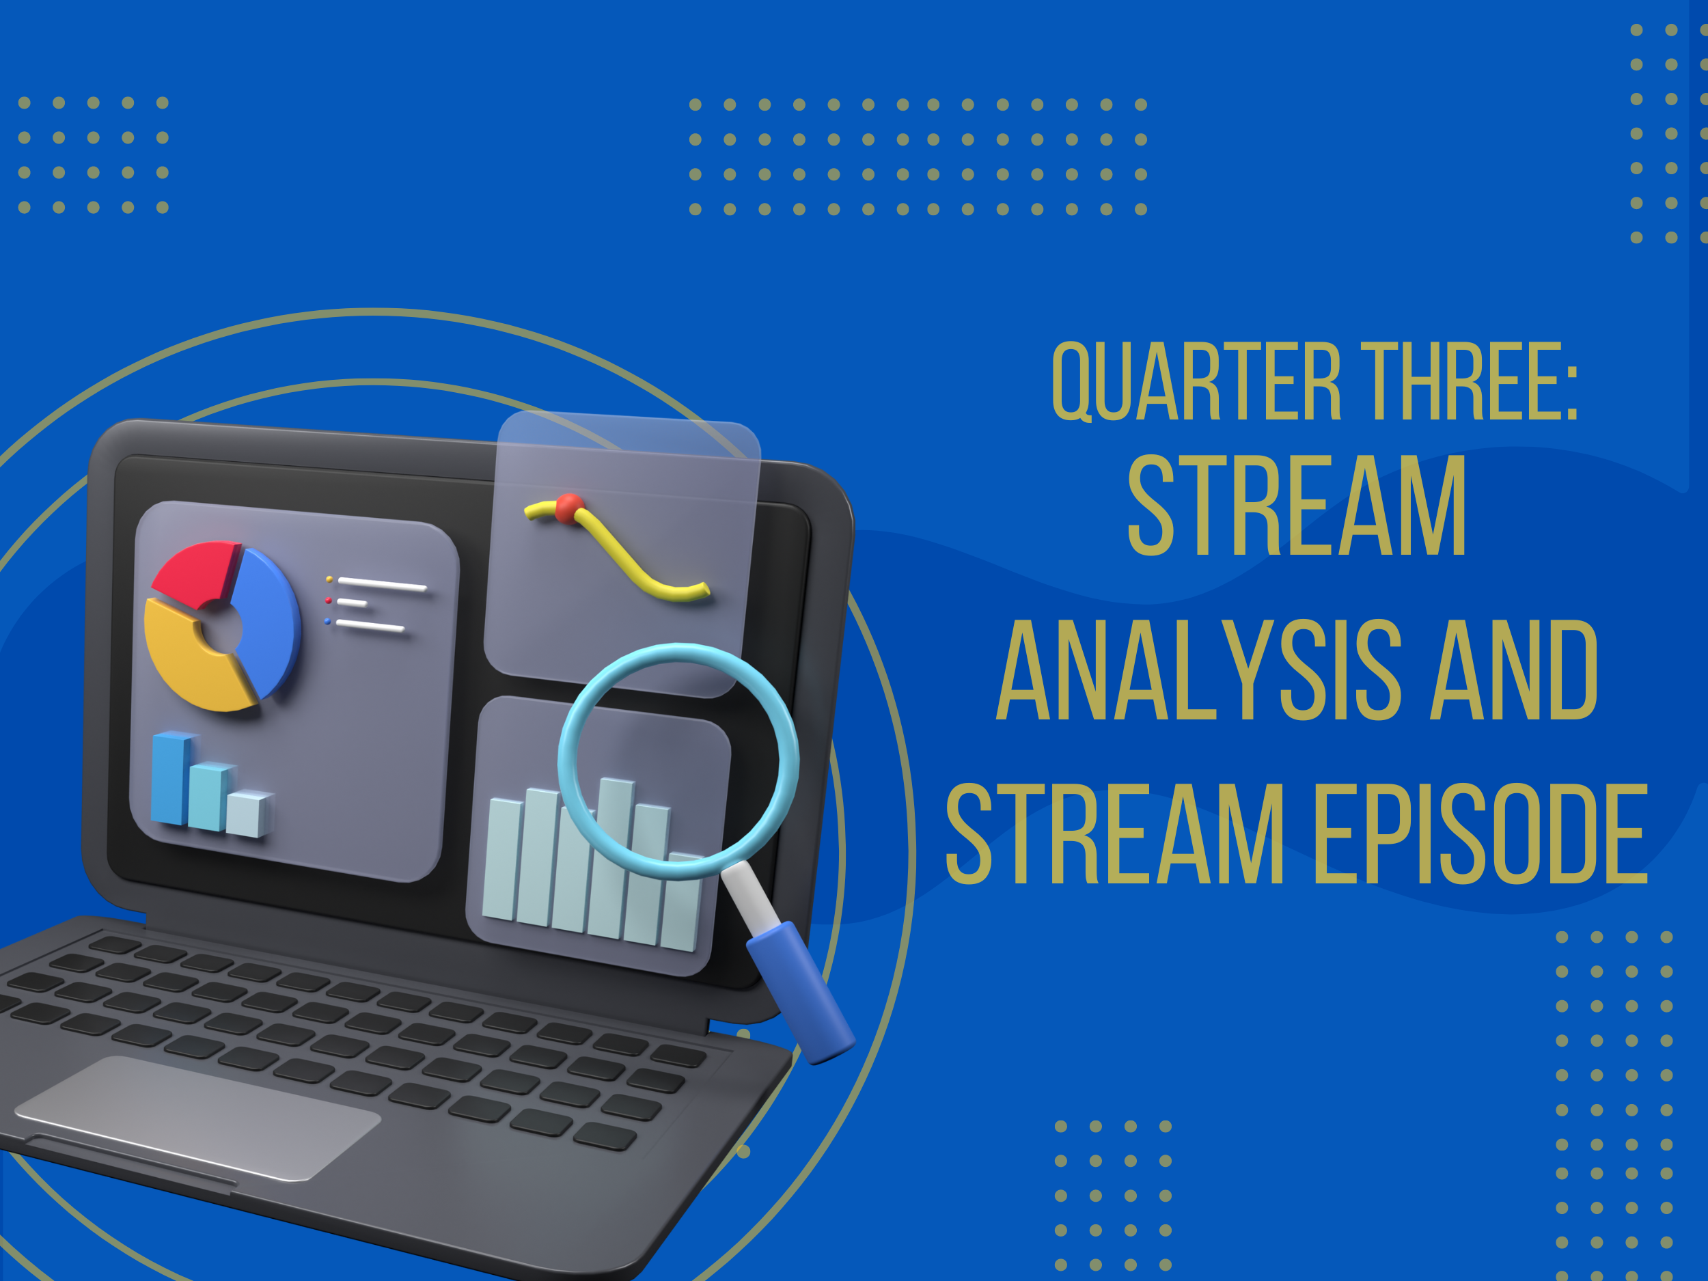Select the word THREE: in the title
click(x=1470, y=381)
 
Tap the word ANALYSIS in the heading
click(x=1199, y=670)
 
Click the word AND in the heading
click(x=1514, y=670)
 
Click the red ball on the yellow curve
click(x=570, y=508)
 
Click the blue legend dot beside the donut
click(x=327, y=622)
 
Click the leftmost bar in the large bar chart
click(x=503, y=860)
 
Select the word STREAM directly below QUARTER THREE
click(x=1297, y=505)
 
